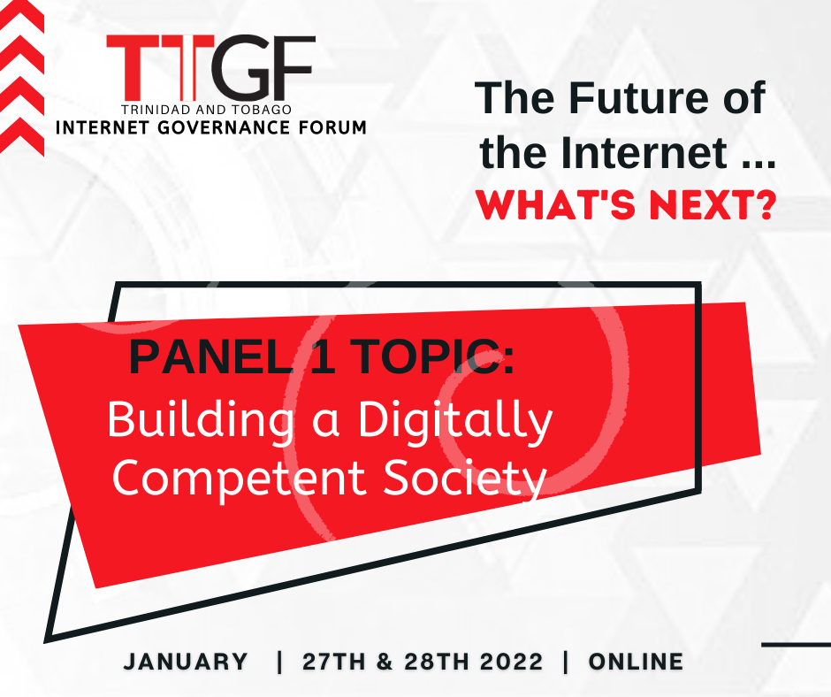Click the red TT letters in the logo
pyautogui.click(x=160, y=67)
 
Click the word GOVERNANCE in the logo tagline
pyautogui.click(x=231, y=128)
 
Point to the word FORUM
pyautogui.click(x=338, y=128)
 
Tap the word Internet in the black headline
pyautogui.click(x=644, y=153)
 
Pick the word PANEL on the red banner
pyautogui.click(x=212, y=357)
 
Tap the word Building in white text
pyautogui.click(x=201, y=420)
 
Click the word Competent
pyautogui.click(x=239, y=479)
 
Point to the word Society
pyautogui.click(x=465, y=479)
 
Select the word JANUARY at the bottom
pyautogui.click(x=186, y=662)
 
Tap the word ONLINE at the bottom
pyautogui.click(x=636, y=662)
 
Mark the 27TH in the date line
pyautogui.click(x=334, y=662)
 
